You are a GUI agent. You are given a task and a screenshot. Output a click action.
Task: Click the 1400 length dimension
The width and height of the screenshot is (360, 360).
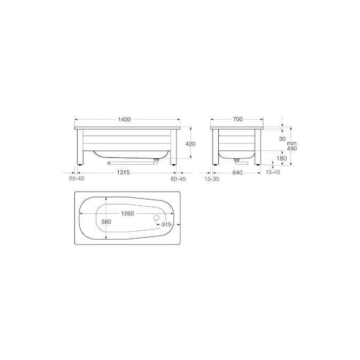[x=124, y=119]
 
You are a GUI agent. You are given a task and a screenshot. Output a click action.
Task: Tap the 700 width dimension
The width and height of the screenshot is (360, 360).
[x=238, y=119]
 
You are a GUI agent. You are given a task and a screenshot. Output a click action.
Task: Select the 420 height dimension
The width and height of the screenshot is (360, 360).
[x=190, y=144]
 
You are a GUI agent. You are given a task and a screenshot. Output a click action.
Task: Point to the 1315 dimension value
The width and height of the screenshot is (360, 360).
[x=123, y=172]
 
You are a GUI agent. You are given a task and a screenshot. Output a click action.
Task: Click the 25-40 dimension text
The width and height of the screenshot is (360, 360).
[x=76, y=178]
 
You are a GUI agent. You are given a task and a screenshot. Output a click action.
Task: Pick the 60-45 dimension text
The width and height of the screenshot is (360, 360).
[x=178, y=179]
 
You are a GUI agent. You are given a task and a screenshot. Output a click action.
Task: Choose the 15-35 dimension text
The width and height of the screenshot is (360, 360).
[x=212, y=179]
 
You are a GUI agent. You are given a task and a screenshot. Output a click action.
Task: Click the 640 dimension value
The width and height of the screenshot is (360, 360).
[x=237, y=172]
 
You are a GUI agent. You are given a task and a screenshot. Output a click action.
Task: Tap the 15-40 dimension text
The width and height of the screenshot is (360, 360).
[x=273, y=172]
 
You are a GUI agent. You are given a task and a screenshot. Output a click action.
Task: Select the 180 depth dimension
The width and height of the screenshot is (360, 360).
[x=282, y=158]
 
